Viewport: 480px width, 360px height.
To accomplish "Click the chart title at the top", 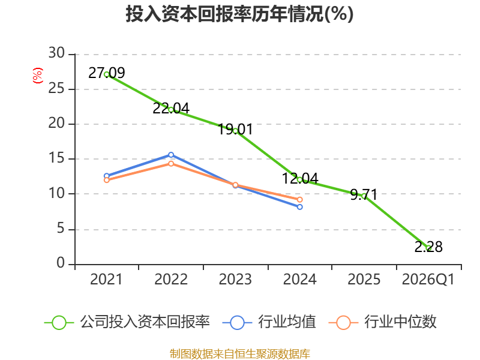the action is (x=239, y=14).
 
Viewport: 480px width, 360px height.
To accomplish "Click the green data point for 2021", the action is (x=107, y=74).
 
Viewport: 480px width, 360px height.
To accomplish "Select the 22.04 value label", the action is (x=171, y=109).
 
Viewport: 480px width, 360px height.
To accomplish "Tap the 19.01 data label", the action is (x=235, y=129).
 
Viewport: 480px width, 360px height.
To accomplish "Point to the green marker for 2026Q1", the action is (x=428, y=248).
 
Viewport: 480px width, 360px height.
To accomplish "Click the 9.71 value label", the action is (x=364, y=194).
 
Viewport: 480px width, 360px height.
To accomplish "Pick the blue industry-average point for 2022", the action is (x=171, y=155).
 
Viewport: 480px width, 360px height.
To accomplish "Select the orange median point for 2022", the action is (x=171, y=164).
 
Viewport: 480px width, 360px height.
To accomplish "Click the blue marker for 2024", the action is (x=299, y=207).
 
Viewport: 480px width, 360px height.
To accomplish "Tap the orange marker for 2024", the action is (x=299, y=200).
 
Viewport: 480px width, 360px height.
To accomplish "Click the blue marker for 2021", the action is (x=107, y=176).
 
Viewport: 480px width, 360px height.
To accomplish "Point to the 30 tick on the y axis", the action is (x=56, y=53).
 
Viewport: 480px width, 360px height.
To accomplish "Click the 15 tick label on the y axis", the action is (x=56, y=158).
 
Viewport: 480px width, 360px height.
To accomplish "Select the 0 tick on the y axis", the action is (x=61, y=263).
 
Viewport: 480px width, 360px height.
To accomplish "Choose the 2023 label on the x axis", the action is (x=235, y=280).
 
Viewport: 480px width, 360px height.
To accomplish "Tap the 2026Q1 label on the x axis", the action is (x=428, y=280).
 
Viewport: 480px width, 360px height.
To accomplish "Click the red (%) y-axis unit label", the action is (x=38, y=76).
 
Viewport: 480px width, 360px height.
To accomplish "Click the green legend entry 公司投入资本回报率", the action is (x=127, y=322).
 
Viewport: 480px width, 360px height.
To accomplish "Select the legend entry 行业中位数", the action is (x=383, y=322).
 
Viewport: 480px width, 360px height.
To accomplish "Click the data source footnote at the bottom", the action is (x=240, y=354).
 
